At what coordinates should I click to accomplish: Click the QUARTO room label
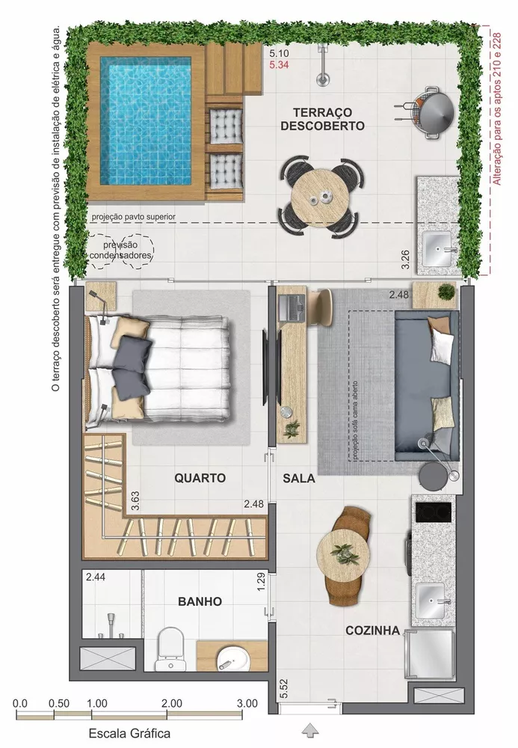point(200,477)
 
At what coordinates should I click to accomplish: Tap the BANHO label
point(200,601)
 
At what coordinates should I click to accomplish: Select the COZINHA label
point(371,631)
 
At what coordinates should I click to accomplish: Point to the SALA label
point(299,478)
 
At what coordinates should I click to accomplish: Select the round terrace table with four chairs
point(322,194)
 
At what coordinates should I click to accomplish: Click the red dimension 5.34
point(280,66)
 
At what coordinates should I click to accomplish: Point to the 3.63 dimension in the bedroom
point(135,500)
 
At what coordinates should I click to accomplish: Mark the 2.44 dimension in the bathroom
point(95,577)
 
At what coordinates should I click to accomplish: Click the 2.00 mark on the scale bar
point(171,704)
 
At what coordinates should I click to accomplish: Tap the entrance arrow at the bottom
point(309,729)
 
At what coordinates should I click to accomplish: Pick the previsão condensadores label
point(121,250)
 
